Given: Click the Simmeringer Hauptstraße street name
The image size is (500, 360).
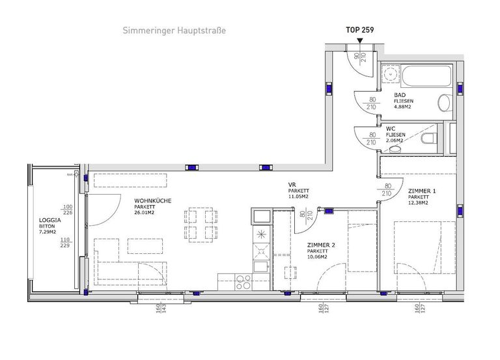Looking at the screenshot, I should pos(174,31).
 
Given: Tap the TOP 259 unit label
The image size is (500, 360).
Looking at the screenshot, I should pos(360,30).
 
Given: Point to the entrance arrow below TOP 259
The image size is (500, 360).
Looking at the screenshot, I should pos(360,41).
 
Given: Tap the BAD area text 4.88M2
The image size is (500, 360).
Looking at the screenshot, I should pos(404,107).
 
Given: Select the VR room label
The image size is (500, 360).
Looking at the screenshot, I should pos(292,185).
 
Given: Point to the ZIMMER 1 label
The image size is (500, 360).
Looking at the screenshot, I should pos(423,191).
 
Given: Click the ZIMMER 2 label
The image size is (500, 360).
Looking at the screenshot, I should pos(321,244).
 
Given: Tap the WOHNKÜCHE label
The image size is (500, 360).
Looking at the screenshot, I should pos(153,201).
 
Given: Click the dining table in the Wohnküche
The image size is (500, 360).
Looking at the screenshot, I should pos(201,223).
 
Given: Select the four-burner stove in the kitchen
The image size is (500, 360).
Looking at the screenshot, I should pos(243,283).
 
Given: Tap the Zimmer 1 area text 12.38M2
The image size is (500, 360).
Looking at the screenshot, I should pos(421,202).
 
